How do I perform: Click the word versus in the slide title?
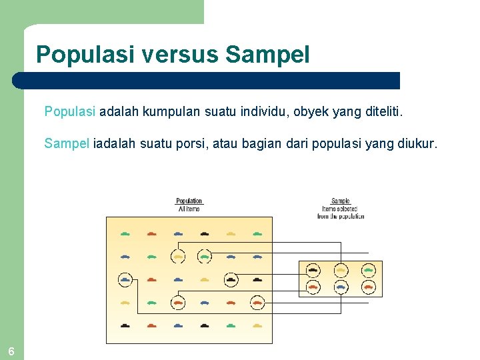pyautogui.click(x=180, y=54)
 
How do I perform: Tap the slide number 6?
pyautogui.click(x=11, y=351)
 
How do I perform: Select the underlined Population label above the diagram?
pyautogui.click(x=189, y=201)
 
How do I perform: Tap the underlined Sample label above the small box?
pyautogui.click(x=340, y=201)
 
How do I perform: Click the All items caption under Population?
pyautogui.click(x=189, y=209)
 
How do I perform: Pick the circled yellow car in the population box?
pyautogui.click(x=178, y=256)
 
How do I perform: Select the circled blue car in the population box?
pyautogui.click(x=125, y=279)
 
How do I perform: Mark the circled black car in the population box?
pyautogui.click(x=231, y=279)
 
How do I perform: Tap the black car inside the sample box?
pyautogui.click(x=313, y=270)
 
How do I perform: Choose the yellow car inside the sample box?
pyautogui.click(x=341, y=270)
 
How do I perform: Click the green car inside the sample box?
pyautogui.click(x=368, y=270)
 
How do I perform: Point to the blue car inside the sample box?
pyautogui.click(x=341, y=287)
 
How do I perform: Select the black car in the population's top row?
pyautogui.click(x=204, y=233)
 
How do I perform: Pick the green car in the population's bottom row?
pyautogui.click(x=231, y=325)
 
